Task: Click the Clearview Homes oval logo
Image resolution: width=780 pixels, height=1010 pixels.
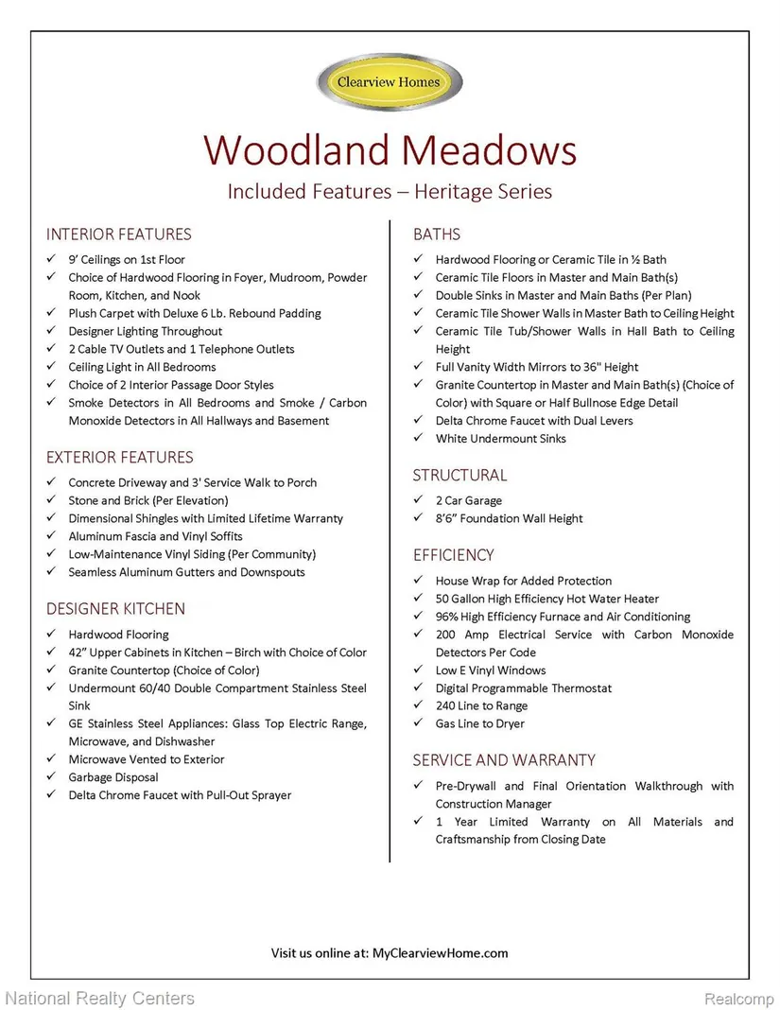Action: (x=390, y=82)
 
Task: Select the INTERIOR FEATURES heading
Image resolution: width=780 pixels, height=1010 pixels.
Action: (x=118, y=235)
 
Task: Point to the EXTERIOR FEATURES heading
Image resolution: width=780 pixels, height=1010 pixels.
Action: (x=119, y=458)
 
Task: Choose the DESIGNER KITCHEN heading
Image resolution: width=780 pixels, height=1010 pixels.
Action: (x=115, y=609)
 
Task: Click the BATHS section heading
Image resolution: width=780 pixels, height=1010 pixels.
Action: (x=437, y=235)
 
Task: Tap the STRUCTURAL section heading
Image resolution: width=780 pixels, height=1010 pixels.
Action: (x=459, y=476)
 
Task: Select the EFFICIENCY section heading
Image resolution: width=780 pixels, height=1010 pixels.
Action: (x=453, y=555)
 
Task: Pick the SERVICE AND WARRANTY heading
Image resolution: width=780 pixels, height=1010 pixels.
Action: (x=504, y=760)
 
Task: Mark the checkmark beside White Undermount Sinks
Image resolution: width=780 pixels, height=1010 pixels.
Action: (x=418, y=439)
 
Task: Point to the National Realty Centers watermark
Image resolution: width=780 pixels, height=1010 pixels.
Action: (x=99, y=999)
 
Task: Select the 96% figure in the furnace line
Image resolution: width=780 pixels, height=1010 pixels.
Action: (x=448, y=617)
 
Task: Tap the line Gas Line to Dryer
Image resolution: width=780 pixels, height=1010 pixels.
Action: (x=479, y=724)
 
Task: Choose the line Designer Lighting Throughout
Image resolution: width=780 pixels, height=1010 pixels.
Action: (x=145, y=332)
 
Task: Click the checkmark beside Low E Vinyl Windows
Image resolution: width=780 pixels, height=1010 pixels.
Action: (x=418, y=670)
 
